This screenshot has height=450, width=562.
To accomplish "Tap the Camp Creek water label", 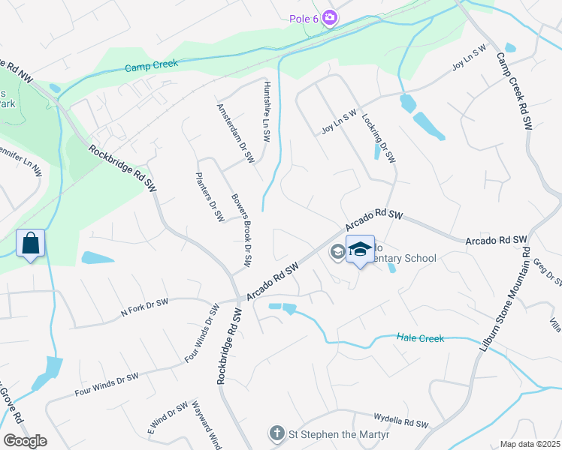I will coord(153,65).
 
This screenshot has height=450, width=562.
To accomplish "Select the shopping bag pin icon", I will coord(30,244).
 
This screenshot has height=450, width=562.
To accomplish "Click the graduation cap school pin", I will coord(360,249).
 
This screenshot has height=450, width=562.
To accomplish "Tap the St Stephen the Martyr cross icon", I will coord(277,433).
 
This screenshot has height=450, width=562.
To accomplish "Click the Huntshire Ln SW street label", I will coord(266,112).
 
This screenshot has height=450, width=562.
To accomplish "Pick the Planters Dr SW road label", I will coord(210,197).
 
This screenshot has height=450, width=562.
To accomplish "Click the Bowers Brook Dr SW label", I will coord(240,232).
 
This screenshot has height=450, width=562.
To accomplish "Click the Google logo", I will coord(25,441).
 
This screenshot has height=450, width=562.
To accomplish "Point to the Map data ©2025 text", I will coord(530,444).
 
